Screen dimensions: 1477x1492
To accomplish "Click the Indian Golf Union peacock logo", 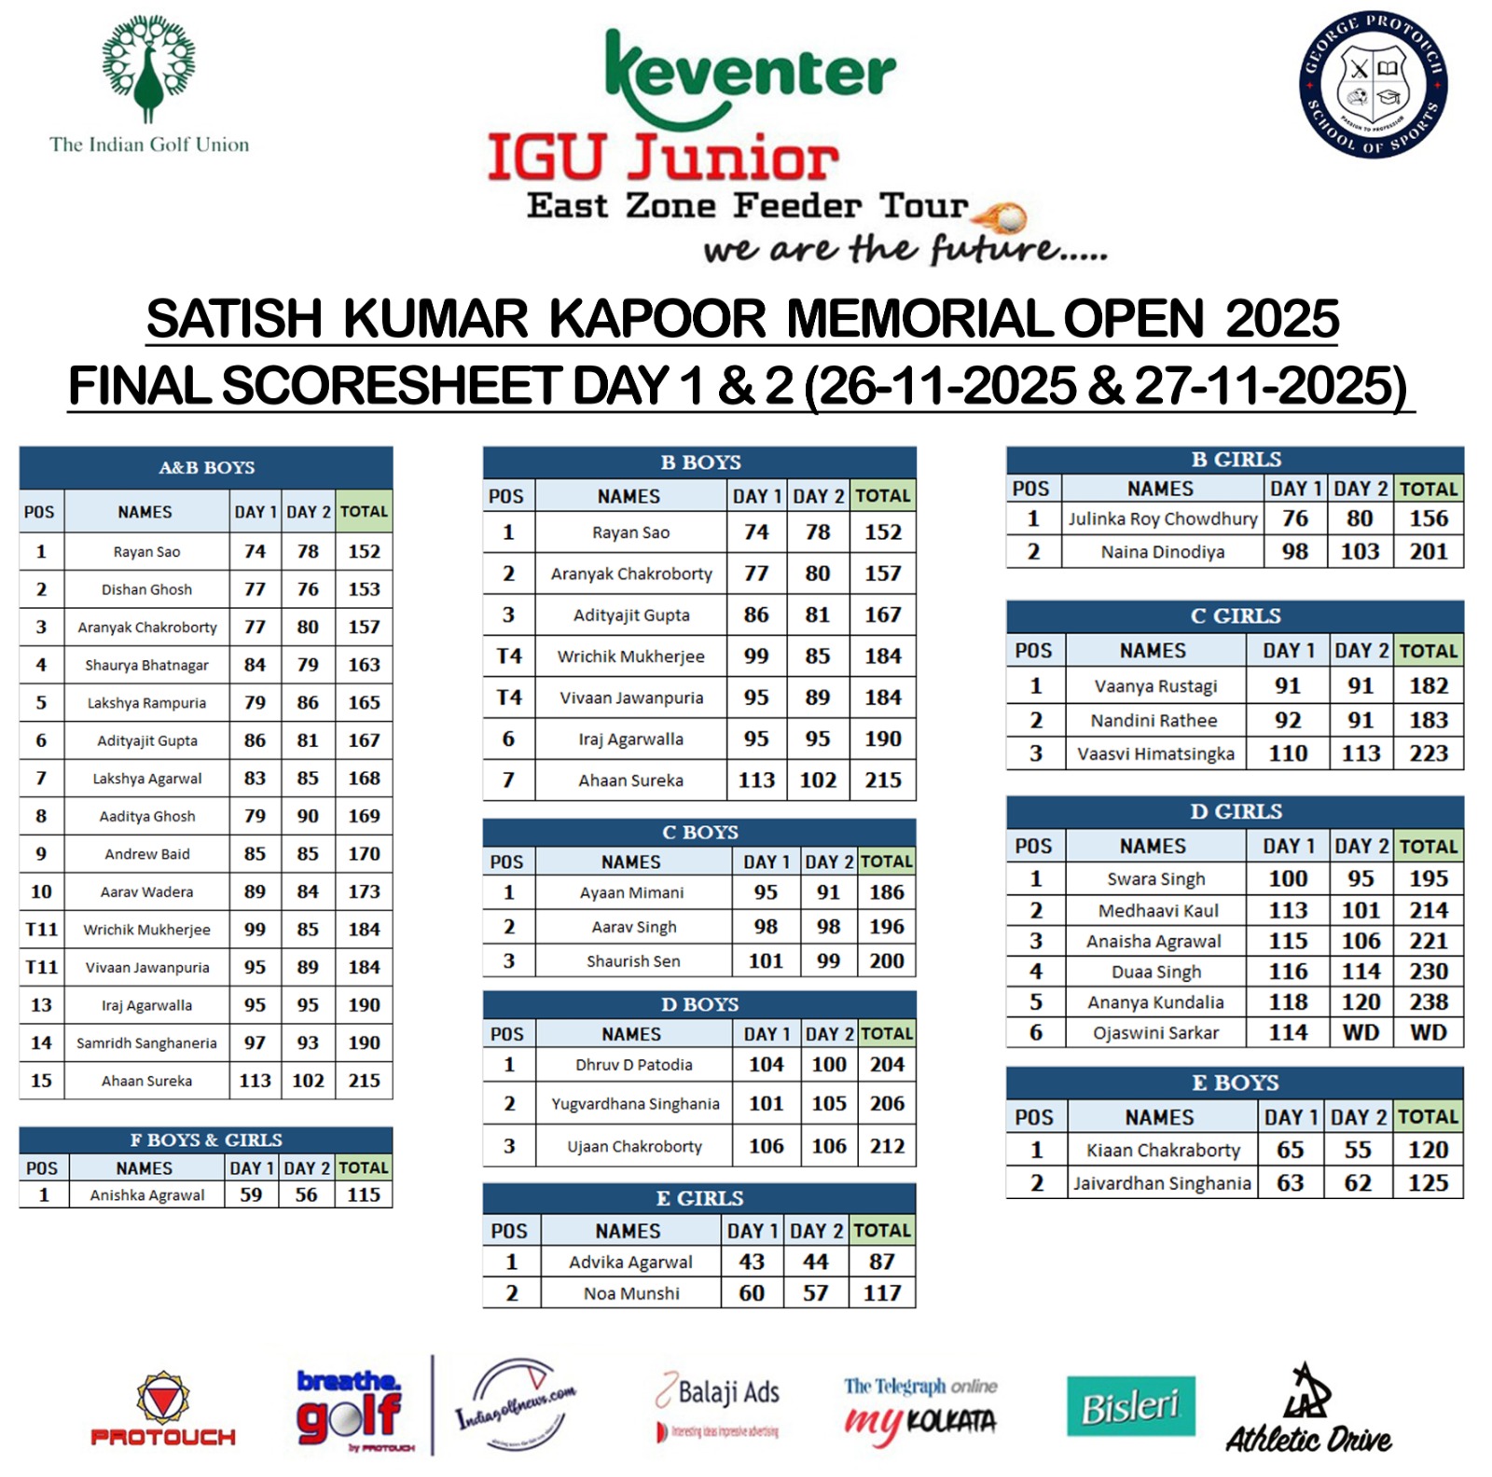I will coord(148,70).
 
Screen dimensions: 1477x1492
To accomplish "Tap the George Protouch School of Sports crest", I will coord(1373,85).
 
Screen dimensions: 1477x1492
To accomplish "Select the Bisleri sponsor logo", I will coord(1130,1405).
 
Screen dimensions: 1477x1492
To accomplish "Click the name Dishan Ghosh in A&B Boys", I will coord(146,589).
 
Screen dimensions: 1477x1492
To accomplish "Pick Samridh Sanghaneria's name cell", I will coord(146,1042).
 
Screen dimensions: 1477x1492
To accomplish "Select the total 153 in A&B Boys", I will coord(364,589).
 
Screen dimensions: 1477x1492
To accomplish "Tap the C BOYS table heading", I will coord(699,832).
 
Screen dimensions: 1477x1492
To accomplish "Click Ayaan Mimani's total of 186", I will coord(886,892).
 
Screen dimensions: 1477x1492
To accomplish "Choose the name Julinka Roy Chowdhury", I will coord(1162,518).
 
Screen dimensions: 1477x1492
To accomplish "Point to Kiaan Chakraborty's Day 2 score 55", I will coord(1358,1150).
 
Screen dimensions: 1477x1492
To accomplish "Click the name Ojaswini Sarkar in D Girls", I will coord(1155,1032).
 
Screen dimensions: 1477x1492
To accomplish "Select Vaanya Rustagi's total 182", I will coord(1428,685).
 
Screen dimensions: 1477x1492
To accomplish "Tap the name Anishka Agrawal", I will coord(146,1194).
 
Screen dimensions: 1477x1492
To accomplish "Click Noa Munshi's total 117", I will coord(881,1293).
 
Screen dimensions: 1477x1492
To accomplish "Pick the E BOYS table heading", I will coord(1235,1083).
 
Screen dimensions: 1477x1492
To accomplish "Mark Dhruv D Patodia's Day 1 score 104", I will coord(766,1064).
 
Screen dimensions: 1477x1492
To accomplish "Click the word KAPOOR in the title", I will coord(656,319).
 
